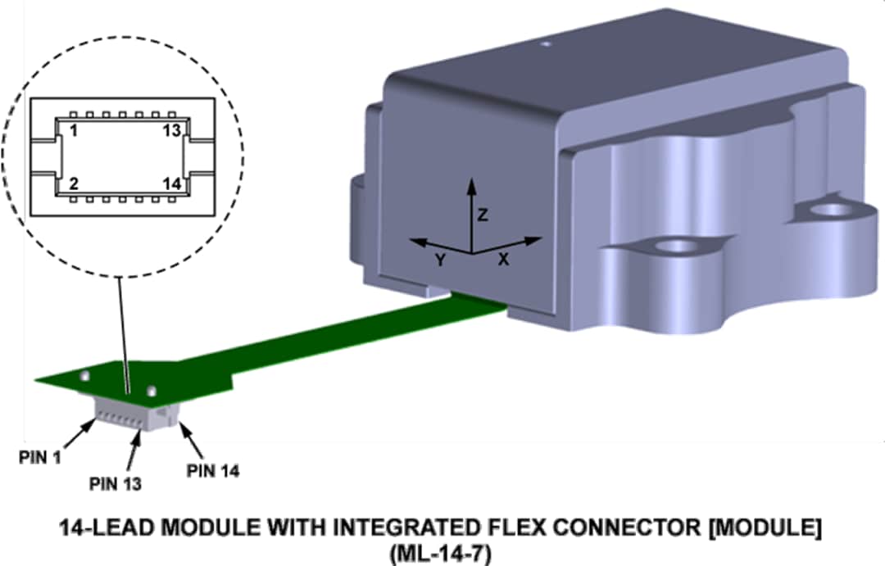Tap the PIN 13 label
(115, 483)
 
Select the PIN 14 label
(213, 470)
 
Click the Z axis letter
(483, 215)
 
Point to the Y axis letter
(440, 260)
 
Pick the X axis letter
(504, 258)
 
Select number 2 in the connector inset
(74, 183)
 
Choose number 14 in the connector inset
(170, 183)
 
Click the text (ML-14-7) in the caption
(441, 555)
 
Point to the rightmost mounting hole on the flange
(833, 210)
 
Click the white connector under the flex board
(131, 414)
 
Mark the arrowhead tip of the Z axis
(471, 179)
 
